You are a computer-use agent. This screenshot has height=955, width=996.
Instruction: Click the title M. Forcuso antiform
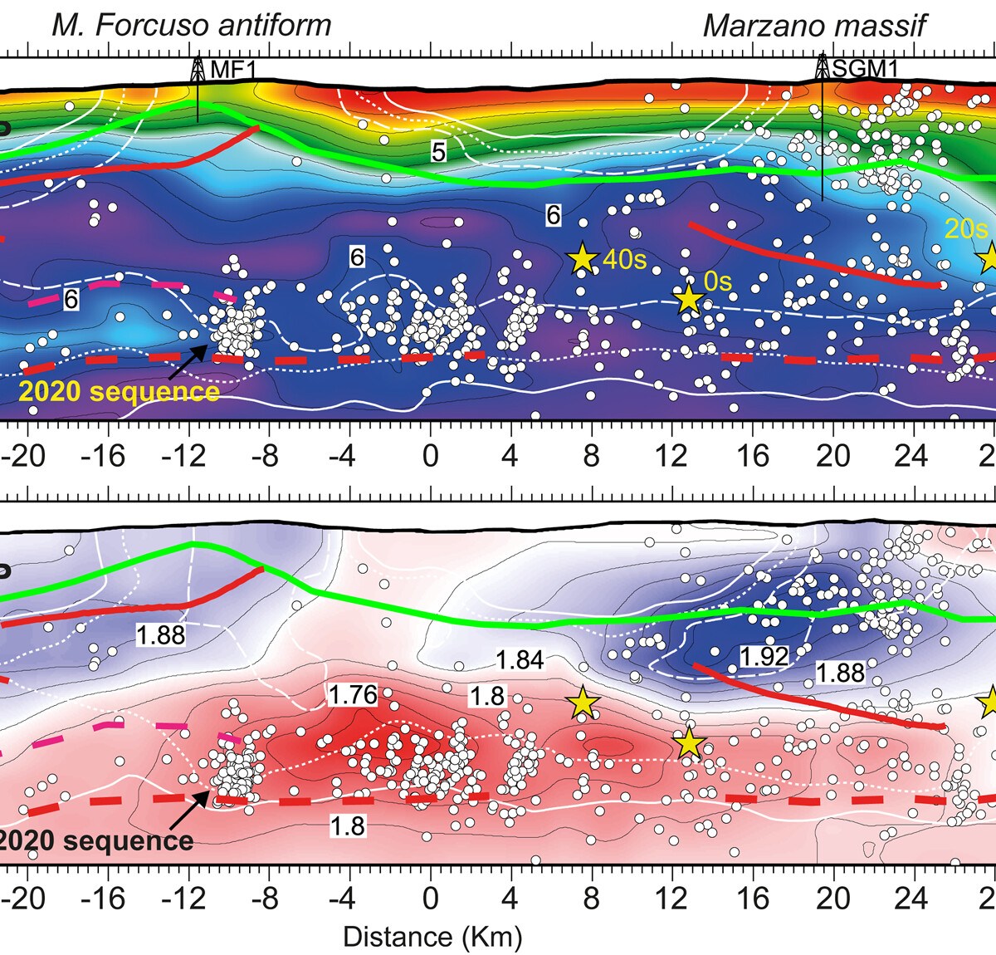coord(191,25)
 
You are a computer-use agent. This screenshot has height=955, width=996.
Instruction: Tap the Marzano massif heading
coord(814,25)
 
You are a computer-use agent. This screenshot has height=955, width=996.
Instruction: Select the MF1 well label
coord(233,69)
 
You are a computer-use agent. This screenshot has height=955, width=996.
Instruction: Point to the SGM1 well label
coord(865,69)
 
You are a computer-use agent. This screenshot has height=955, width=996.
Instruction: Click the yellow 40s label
coord(624,259)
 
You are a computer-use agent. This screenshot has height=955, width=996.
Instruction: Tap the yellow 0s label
coord(718,282)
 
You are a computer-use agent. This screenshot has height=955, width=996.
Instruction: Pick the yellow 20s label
coord(966,228)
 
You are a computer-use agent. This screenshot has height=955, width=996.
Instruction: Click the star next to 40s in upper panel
coord(582,259)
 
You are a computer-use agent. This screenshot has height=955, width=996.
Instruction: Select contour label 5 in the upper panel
coord(438,150)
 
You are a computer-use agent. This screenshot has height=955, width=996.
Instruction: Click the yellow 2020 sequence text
coord(119,390)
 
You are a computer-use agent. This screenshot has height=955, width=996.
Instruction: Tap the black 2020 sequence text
coord(95,840)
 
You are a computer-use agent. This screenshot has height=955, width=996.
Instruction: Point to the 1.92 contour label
coord(764,656)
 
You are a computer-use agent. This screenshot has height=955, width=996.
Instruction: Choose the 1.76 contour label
coord(353,694)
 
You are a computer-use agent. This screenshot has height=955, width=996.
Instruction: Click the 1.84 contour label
coord(520,660)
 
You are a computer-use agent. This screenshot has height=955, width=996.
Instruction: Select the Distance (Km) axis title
coord(432,937)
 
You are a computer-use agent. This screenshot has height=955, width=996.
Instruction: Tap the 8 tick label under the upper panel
coord(590,455)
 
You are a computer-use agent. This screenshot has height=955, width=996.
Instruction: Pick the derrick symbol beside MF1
coord(198,69)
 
